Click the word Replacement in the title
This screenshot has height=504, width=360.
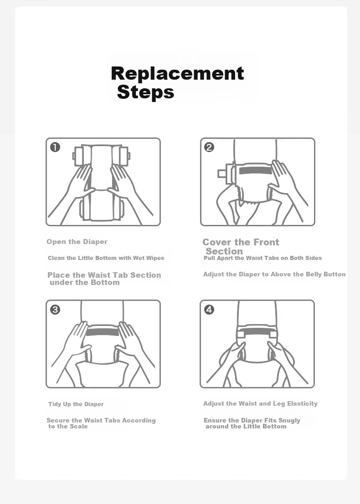[x=177, y=73]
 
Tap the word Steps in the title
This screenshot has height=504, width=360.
[x=145, y=92]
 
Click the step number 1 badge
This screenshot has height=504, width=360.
[x=55, y=147]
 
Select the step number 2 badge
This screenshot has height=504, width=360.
[x=209, y=147]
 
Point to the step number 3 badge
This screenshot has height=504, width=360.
[x=55, y=310]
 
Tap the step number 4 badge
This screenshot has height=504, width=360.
[x=209, y=310]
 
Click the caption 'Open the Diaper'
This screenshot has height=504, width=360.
[x=77, y=242]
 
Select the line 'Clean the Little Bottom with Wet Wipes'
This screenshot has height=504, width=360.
[x=106, y=258]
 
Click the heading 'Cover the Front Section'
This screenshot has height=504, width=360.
[x=241, y=246]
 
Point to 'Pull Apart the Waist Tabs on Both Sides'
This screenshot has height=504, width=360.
[x=262, y=258]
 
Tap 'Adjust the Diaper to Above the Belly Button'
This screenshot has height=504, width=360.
[x=274, y=274]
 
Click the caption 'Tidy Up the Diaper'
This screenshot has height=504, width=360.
[x=76, y=404]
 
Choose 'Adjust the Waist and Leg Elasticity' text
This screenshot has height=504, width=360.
[x=260, y=404]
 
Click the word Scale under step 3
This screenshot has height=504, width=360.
[x=78, y=426]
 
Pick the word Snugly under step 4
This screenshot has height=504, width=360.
[x=289, y=420]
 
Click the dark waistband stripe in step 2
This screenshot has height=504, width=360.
[x=256, y=170]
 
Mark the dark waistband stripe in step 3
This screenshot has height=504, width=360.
[x=103, y=332]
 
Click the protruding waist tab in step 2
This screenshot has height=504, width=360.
[x=222, y=173]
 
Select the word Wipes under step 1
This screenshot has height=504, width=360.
[x=155, y=258]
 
